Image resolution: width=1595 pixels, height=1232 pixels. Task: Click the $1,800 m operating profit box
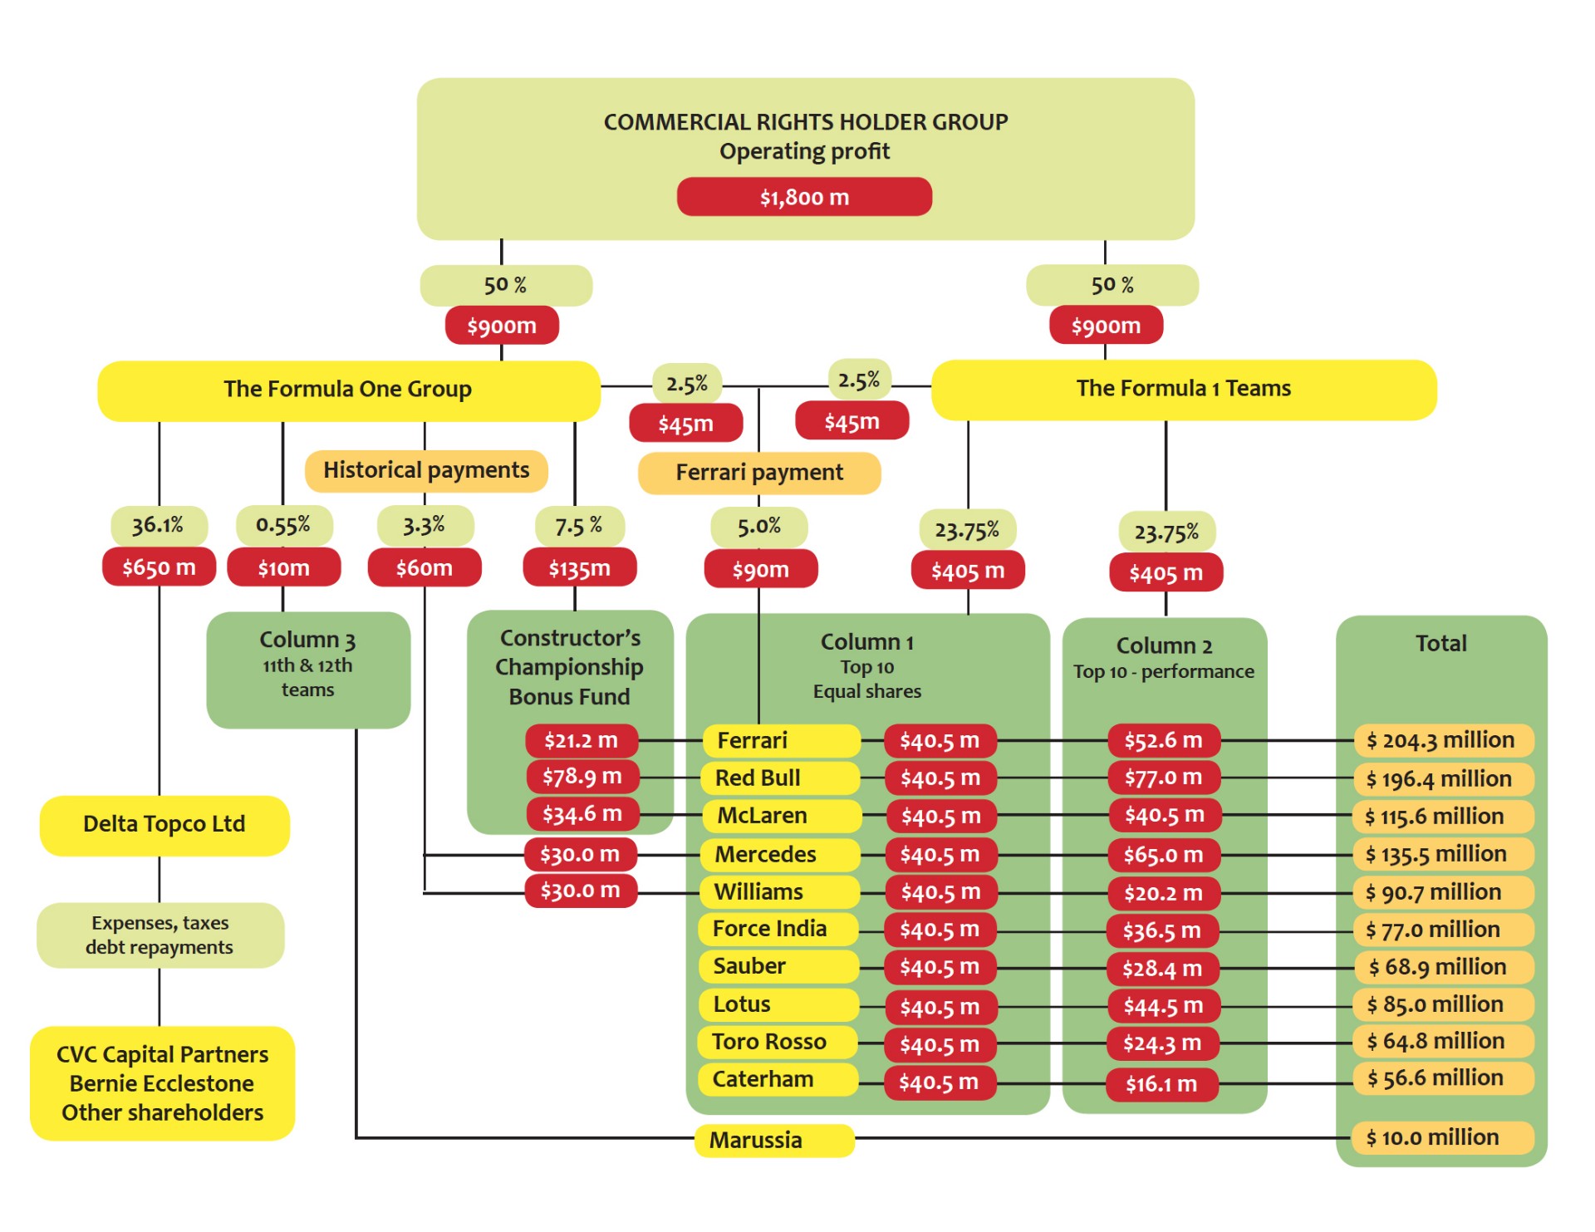point(803,197)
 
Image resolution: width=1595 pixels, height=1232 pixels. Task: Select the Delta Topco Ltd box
point(164,824)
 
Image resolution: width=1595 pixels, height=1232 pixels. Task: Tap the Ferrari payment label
point(758,473)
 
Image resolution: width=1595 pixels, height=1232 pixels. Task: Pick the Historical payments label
point(425,470)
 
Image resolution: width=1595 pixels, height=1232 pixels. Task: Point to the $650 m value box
point(159,567)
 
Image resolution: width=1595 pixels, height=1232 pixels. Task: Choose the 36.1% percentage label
point(158,525)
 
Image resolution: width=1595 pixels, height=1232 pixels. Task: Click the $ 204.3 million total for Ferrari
point(1441,740)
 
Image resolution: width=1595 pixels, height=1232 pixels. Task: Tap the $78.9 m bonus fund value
point(582,777)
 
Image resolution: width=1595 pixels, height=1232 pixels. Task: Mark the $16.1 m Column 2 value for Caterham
point(1161,1083)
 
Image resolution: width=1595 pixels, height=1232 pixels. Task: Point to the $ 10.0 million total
point(1441,1137)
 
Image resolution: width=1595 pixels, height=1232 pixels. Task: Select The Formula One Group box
point(348,390)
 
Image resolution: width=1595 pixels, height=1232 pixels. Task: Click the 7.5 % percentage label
point(578,526)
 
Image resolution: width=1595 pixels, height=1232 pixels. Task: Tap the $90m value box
point(760,570)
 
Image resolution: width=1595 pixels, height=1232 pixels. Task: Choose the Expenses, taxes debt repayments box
point(159,935)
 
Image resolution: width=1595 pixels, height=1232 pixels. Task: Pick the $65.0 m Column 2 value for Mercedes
point(1163,854)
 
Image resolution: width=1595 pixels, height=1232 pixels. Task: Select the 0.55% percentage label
point(283,525)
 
